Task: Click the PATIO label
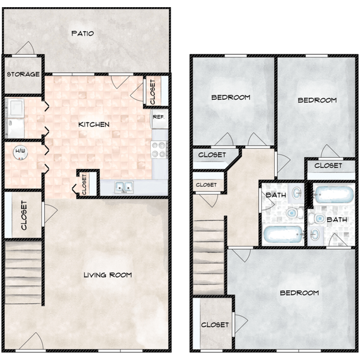click(x=83, y=34)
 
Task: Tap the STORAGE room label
click(x=23, y=74)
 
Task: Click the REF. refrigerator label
click(x=158, y=117)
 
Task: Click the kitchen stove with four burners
click(x=159, y=148)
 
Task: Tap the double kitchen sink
click(x=123, y=188)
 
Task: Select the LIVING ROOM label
click(x=107, y=275)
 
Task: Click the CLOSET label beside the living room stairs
click(x=24, y=215)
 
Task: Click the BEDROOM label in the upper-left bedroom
click(x=231, y=97)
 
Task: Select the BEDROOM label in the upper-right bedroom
click(x=317, y=100)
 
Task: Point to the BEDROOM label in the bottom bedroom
click(x=299, y=292)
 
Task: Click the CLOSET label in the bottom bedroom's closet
click(x=215, y=325)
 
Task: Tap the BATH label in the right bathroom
click(x=337, y=220)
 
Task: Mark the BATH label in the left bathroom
click(x=275, y=195)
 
